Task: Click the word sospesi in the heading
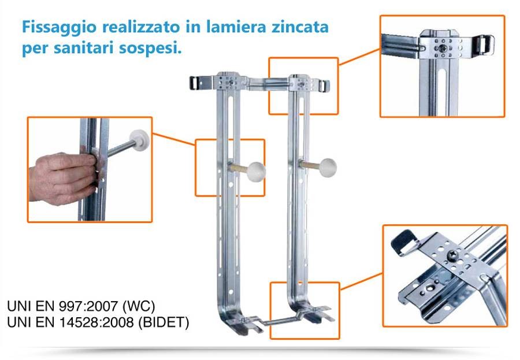153,48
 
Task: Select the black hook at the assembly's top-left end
198,81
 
